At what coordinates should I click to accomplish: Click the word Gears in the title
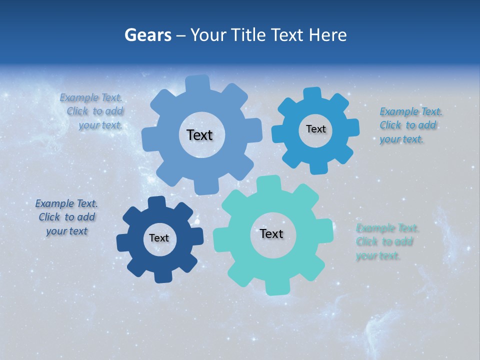148,35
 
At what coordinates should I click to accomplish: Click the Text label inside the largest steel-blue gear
199,135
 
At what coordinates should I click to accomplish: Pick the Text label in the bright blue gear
315,129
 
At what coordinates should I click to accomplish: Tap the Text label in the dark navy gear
159,238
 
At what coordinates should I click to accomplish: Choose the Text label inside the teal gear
271,234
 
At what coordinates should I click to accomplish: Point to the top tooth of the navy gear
157,202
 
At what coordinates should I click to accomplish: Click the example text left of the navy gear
67,217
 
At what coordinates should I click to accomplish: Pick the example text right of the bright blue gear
411,125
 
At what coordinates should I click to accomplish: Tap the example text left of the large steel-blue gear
92,111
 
